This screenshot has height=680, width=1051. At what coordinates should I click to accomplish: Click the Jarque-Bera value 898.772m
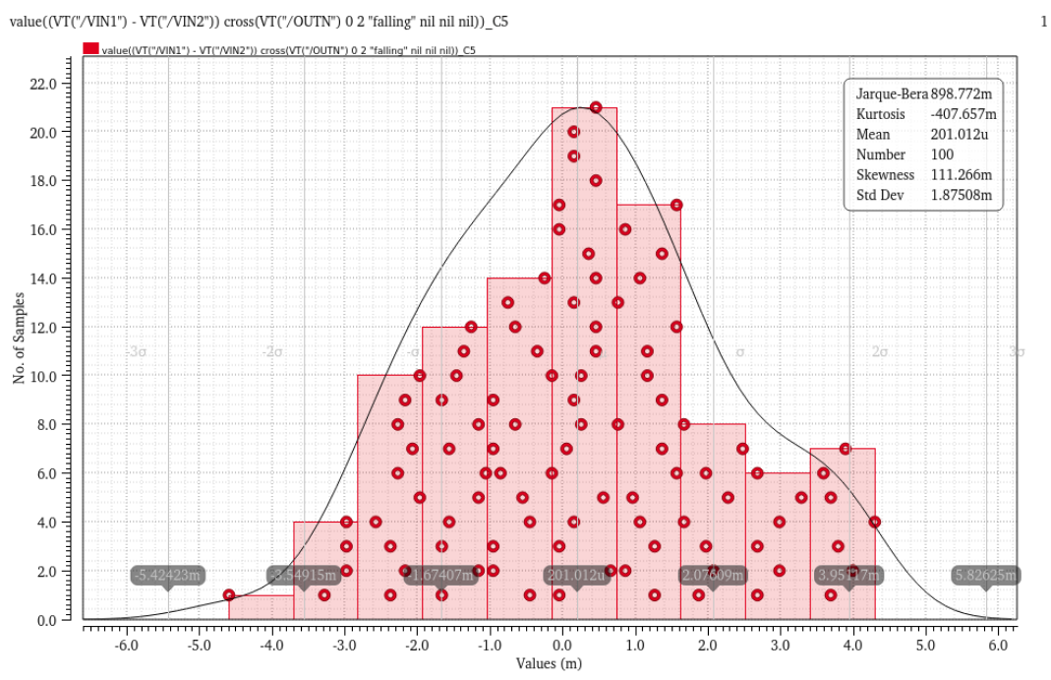[x=963, y=93]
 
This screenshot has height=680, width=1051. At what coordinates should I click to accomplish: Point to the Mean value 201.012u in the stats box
[x=960, y=134]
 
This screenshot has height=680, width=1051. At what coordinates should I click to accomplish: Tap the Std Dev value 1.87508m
[x=962, y=196]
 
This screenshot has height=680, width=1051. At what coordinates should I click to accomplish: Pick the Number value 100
[x=941, y=155]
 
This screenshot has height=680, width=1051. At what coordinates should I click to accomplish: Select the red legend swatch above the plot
[x=90, y=49]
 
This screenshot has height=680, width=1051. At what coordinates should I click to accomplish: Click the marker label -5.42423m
[x=168, y=575]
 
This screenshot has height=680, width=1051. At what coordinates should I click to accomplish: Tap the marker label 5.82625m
[x=985, y=575]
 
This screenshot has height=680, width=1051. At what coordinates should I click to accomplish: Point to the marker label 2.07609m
[x=713, y=575]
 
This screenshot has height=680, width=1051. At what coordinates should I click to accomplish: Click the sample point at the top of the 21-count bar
[x=596, y=107]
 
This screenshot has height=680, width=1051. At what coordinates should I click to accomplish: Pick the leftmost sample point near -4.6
[x=229, y=595]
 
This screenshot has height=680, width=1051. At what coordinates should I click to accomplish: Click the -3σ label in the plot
[x=137, y=352]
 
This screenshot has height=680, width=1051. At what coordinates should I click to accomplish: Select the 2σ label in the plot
[x=880, y=352]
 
